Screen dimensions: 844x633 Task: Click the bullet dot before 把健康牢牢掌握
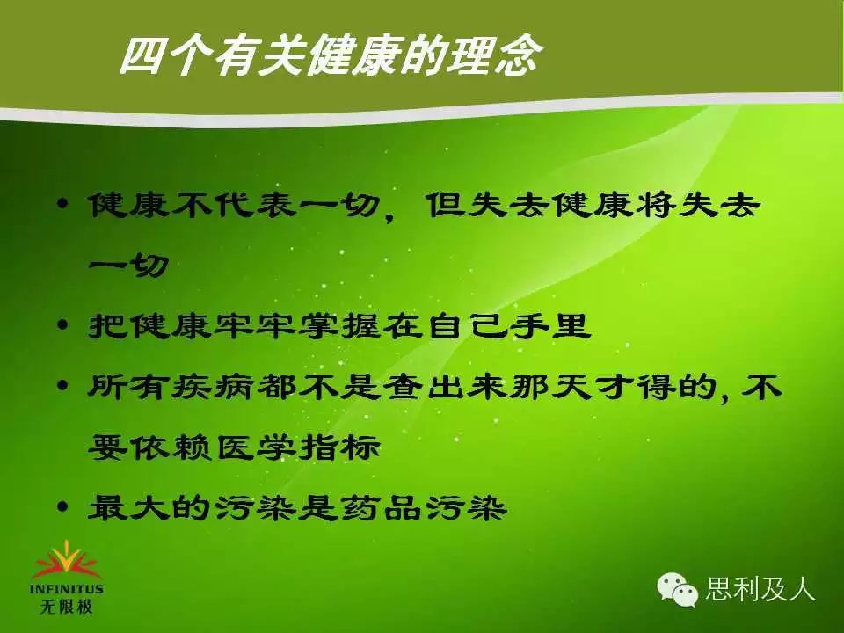(63, 324)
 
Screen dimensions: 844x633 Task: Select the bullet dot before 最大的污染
(63, 506)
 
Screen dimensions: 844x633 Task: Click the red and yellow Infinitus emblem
(66, 561)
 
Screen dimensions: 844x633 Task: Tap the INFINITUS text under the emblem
(66, 589)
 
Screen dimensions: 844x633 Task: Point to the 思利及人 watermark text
(760, 588)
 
